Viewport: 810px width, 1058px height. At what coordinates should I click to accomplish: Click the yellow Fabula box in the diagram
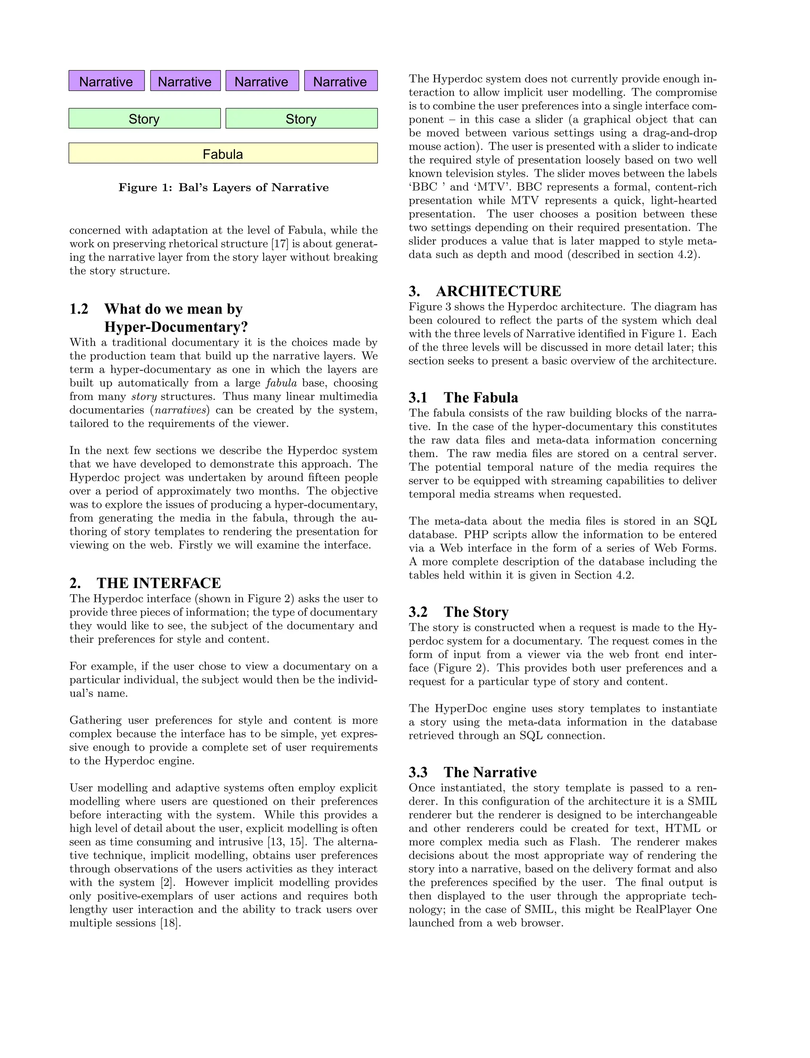click(x=223, y=154)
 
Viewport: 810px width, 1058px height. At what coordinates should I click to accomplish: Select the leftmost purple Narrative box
click(x=106, y=81)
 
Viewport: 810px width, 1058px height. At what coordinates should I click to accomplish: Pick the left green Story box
click(x=144, y=118)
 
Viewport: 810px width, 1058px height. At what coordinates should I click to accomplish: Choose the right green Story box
click(x=301, y=118)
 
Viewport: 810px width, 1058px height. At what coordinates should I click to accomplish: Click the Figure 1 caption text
click(x=223, y=188)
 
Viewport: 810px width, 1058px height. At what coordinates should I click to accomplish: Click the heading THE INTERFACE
click(x=159, y=583)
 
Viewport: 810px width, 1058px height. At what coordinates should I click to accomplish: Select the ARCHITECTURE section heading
click(x=498, y=291)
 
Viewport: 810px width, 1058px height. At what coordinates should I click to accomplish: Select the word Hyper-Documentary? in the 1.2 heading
click(x=176, y=327)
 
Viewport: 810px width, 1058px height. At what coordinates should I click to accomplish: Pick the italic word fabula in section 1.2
click(x=281, y=383)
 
